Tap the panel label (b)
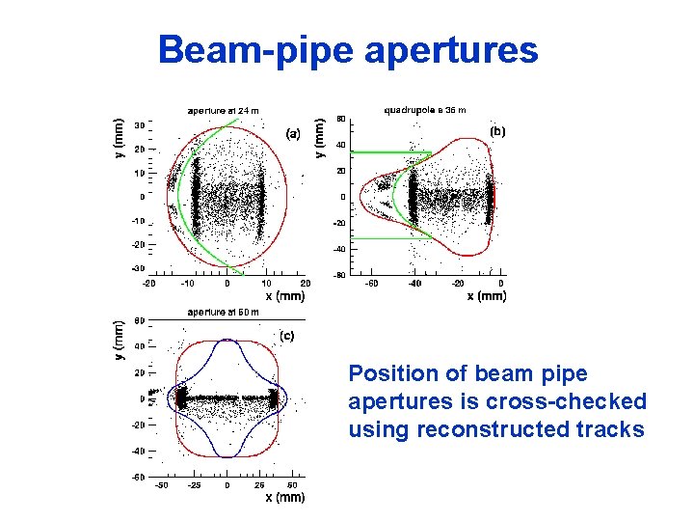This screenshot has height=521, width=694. coord(496,129)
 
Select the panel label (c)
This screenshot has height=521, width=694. coord(286,335)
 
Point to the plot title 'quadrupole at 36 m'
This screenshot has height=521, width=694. coord(425,110)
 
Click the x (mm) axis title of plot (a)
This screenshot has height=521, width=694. coord(284,296)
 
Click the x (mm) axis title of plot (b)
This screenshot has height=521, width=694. coord(486,296)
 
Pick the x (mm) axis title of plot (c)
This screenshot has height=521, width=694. coord(284,498)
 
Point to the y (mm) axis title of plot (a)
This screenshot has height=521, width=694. coord(119,139)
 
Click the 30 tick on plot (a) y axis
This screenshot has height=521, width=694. coord(140,125)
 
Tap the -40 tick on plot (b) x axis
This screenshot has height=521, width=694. coord(414,284)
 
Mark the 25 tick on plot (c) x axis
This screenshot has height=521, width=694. coord(260,485)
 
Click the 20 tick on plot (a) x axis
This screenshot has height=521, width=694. coord(305,284)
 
